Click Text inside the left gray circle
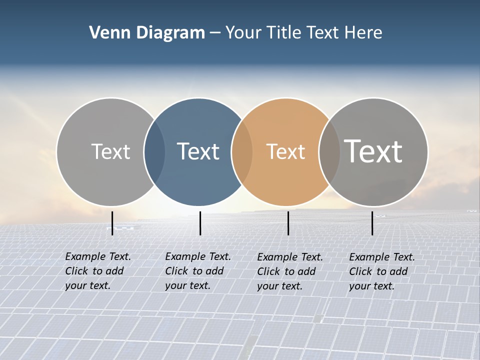(110, 151)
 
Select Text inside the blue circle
(198, 151)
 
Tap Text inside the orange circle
(285, 151)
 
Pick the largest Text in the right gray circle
(373, 151)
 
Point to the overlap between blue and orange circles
(241, 151)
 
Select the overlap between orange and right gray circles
(328, 151)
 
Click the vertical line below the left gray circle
(112, 223)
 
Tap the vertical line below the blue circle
(200, 223)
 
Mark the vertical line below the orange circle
(288, 223)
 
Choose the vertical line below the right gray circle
(372, 223)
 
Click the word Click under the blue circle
(177, 271)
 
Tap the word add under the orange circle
(305, 271)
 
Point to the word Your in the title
(244, 33)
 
